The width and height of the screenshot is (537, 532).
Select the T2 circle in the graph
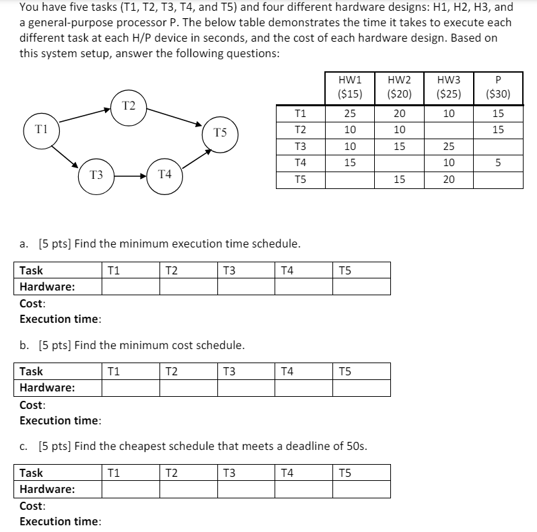(x=129, y=106)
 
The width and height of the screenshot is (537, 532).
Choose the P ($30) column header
(x=497, y=88)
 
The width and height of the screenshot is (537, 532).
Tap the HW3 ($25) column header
(x=448, y=88)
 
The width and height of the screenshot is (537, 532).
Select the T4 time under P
(x=497, y=163)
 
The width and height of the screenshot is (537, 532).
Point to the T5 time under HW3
(x=448, y=180)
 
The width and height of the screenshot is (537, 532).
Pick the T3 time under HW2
(x=398, y=147)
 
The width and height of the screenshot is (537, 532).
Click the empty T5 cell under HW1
(x=349, y=180)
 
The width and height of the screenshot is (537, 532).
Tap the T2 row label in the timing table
(x=301, y=130)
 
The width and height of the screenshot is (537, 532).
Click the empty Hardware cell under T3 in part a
(x=246, y=287)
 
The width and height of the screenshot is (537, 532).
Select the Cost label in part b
(x=32, y=405)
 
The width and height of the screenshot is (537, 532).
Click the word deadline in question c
(x=300, y=447)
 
